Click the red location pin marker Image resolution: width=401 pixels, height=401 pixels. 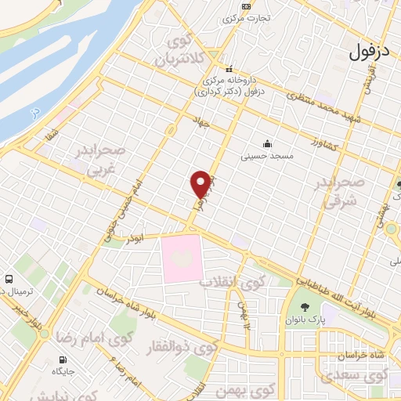coord(200,184)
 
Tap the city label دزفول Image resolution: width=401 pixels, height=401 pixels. coord(370,54)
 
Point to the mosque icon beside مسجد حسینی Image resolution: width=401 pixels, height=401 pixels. coord(268,143)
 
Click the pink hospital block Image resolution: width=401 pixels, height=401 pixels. coord(182,258)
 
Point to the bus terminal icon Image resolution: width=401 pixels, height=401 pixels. coord(9,279)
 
